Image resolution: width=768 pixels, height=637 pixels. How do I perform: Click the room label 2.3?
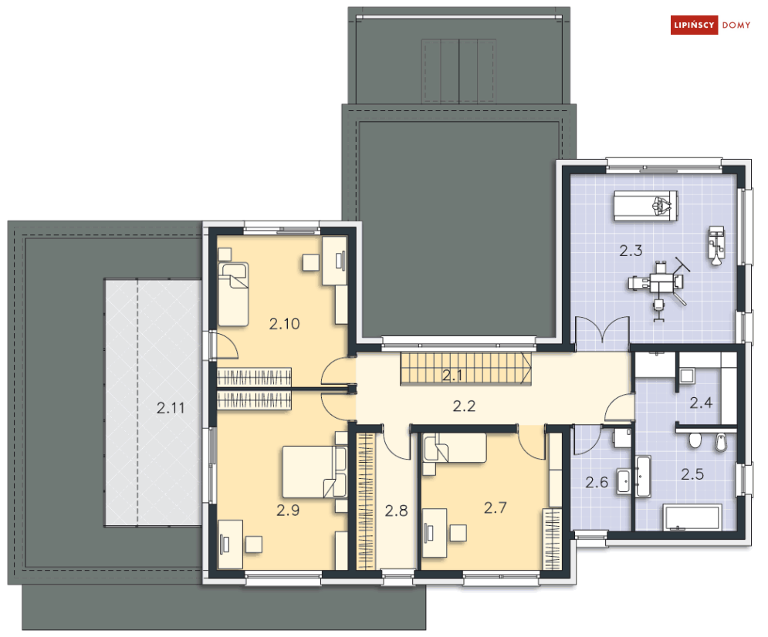click(631, 251)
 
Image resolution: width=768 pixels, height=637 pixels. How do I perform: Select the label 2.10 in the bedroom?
click(284, 324)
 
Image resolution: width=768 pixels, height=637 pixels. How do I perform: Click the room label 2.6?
click(597, 484)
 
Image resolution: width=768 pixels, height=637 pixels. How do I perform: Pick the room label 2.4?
click(702, 402)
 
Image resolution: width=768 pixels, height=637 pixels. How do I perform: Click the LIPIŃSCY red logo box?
click(694, 25)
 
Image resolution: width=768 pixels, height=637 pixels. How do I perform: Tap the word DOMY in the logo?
click(736, 25)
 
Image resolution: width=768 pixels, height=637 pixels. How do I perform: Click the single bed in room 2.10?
click(233, 294)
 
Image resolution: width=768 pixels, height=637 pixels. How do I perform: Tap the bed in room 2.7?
click(455, 448)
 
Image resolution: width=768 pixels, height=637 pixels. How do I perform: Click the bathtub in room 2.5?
click(692, 517)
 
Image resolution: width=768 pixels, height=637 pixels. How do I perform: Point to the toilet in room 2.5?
click(695, 440)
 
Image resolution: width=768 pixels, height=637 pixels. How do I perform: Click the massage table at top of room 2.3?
click(645, 206)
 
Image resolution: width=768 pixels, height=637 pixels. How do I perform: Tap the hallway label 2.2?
click(463, 406)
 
